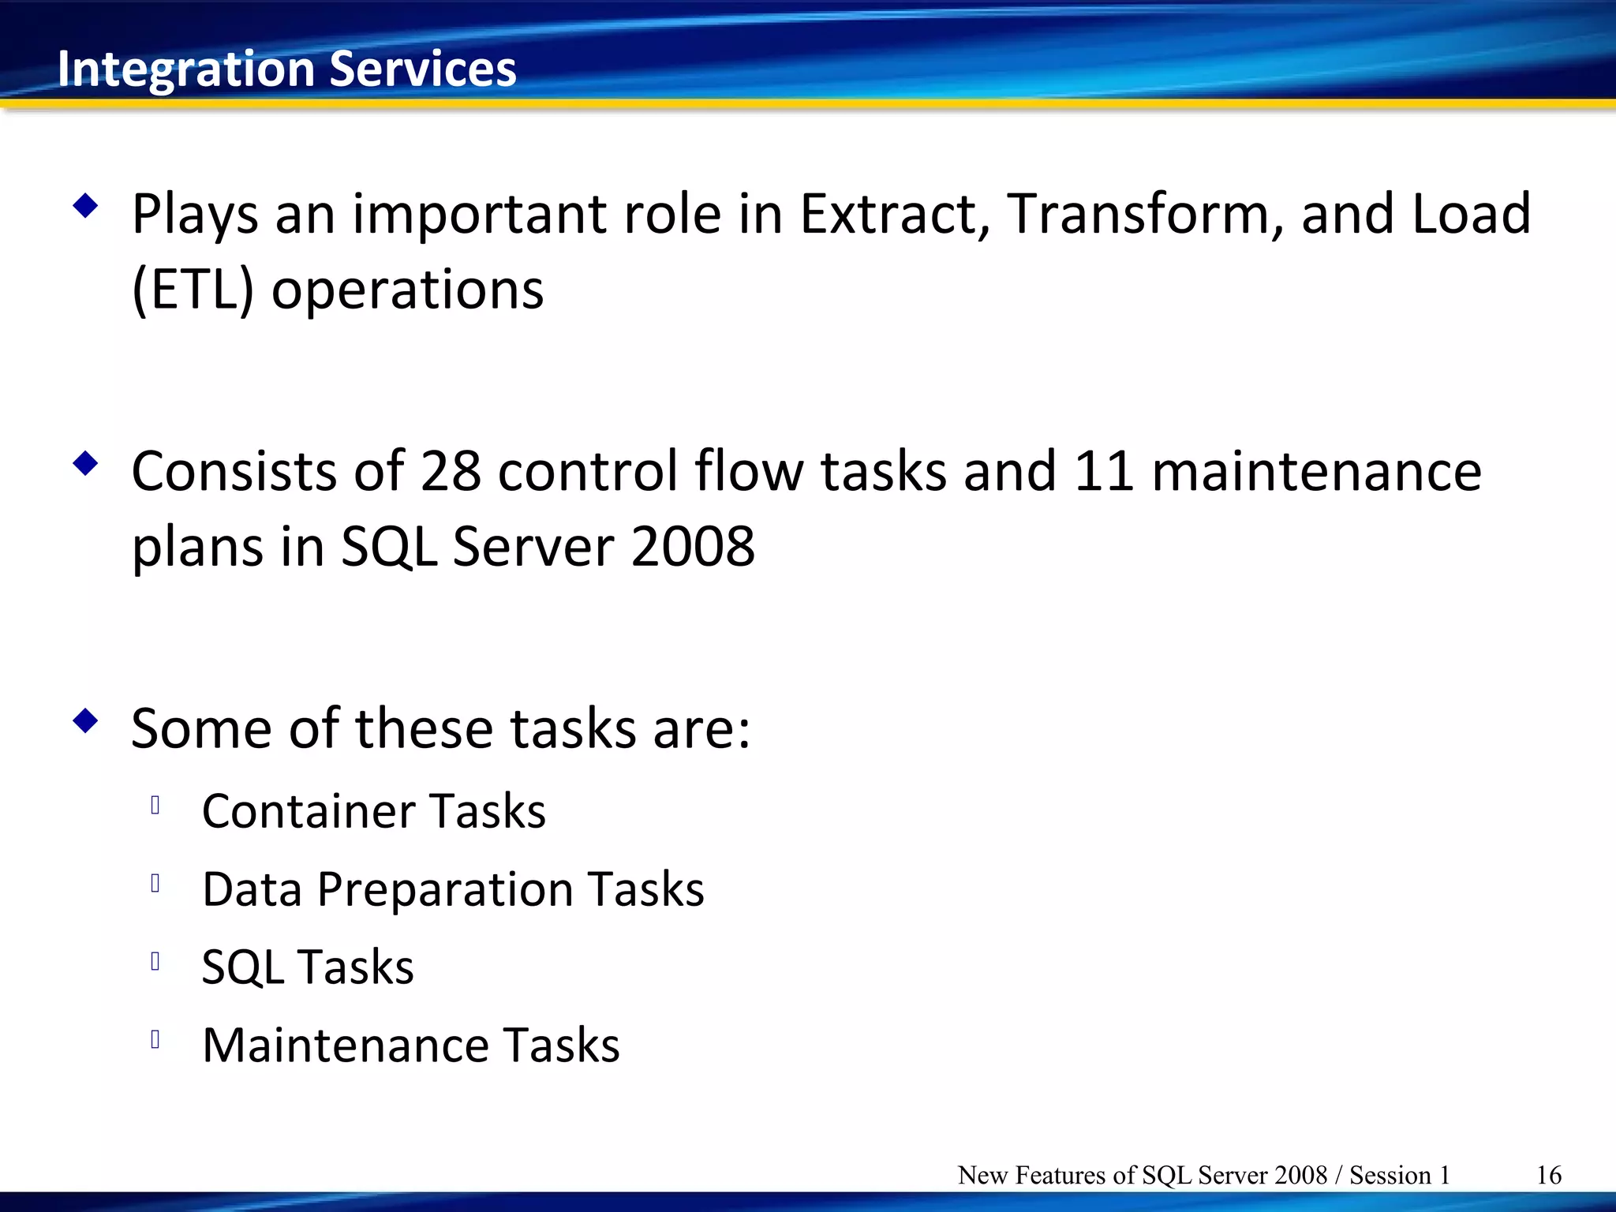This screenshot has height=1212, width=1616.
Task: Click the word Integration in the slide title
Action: tap(186, 69)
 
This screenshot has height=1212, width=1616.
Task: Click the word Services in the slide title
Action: tap(422, 68)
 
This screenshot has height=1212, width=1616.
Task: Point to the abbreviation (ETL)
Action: tap(193, 290)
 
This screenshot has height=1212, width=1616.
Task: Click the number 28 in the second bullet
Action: tap(451, 471)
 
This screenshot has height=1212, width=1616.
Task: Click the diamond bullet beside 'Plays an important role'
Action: tap(85, 207)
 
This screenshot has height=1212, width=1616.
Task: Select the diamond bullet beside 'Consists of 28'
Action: tap(85, 464)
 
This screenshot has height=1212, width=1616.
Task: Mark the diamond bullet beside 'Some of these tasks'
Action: tap(85, 720)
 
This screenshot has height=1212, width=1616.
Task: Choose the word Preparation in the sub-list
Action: tap(445, 889)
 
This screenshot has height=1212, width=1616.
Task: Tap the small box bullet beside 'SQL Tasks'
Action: tap(155, 961)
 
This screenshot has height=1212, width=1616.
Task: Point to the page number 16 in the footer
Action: tap(1548, 1175)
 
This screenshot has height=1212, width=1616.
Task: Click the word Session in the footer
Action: tap(1390, 1175)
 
